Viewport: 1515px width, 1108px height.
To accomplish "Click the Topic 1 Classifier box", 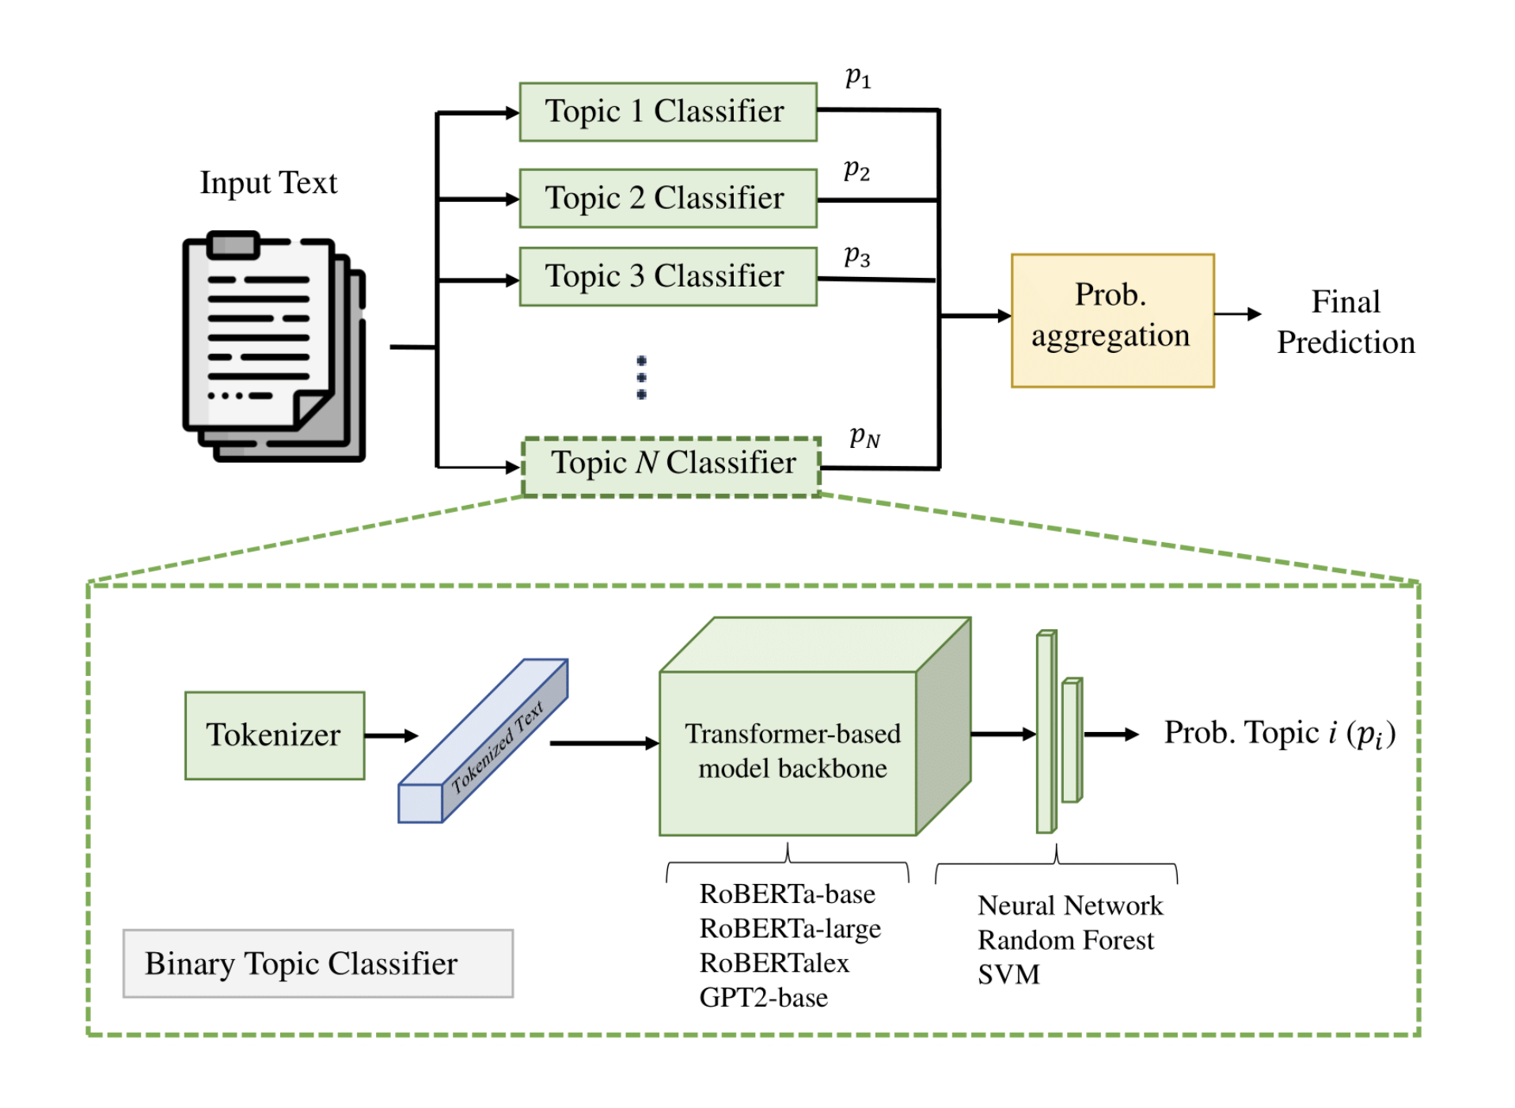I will click(x=667, y=112).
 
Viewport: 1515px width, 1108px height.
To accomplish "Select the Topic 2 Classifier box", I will click(x=667, y=198).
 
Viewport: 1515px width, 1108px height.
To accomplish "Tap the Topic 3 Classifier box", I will click(x=667, y=276).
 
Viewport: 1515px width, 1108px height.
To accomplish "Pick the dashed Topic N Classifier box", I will click(x=671, y=466).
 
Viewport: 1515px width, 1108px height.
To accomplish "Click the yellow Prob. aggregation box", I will click(x=1111, y=320).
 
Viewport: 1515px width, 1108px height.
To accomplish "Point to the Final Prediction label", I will click(x=1345, y=321).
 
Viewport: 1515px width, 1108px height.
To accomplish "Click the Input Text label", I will click(x=268, y=183).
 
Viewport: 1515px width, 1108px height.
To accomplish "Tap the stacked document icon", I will click(x=272, y=346).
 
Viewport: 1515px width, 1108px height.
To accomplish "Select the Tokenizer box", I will click(x=274, y=734).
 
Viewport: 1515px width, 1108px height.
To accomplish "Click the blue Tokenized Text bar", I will click(x=483, y=741).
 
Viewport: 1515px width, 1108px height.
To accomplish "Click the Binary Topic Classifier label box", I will click(x=317, y=962).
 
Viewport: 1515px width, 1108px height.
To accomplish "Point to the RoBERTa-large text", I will click(x=789, y=928).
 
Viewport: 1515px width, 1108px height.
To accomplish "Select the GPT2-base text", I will click(x=763, y=996).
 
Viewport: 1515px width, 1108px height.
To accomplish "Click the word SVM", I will click(x=1008, y=973).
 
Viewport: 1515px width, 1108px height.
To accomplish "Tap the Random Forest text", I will click(x=1065, y=939).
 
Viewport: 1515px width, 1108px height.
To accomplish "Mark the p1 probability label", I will click(x=857, y=77).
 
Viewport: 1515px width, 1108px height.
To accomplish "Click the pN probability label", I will click(x=864, y=436).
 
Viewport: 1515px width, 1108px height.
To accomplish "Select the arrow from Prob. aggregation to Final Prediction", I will click(x=1237, y=314).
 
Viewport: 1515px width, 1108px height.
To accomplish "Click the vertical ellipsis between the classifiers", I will click(x=641, y=378).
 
